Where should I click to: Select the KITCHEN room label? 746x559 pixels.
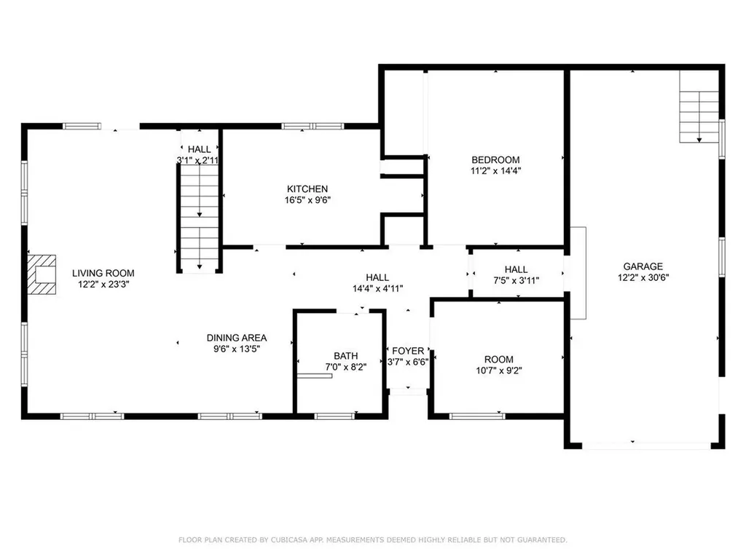coord(307,189)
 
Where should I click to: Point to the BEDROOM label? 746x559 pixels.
coord(495,160)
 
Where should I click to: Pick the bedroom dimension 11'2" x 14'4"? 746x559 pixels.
coord(495,171)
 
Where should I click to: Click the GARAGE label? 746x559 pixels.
coord(643,266)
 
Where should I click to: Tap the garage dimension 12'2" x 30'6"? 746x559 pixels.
coord(643,277)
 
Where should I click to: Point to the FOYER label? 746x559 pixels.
coord(408,351)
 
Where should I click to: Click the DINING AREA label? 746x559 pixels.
coord(237,338)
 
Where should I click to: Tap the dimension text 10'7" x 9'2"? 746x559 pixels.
coord(499,370)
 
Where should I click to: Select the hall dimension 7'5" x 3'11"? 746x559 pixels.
coord(516,280)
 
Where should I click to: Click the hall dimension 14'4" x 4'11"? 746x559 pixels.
coord(377,288)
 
